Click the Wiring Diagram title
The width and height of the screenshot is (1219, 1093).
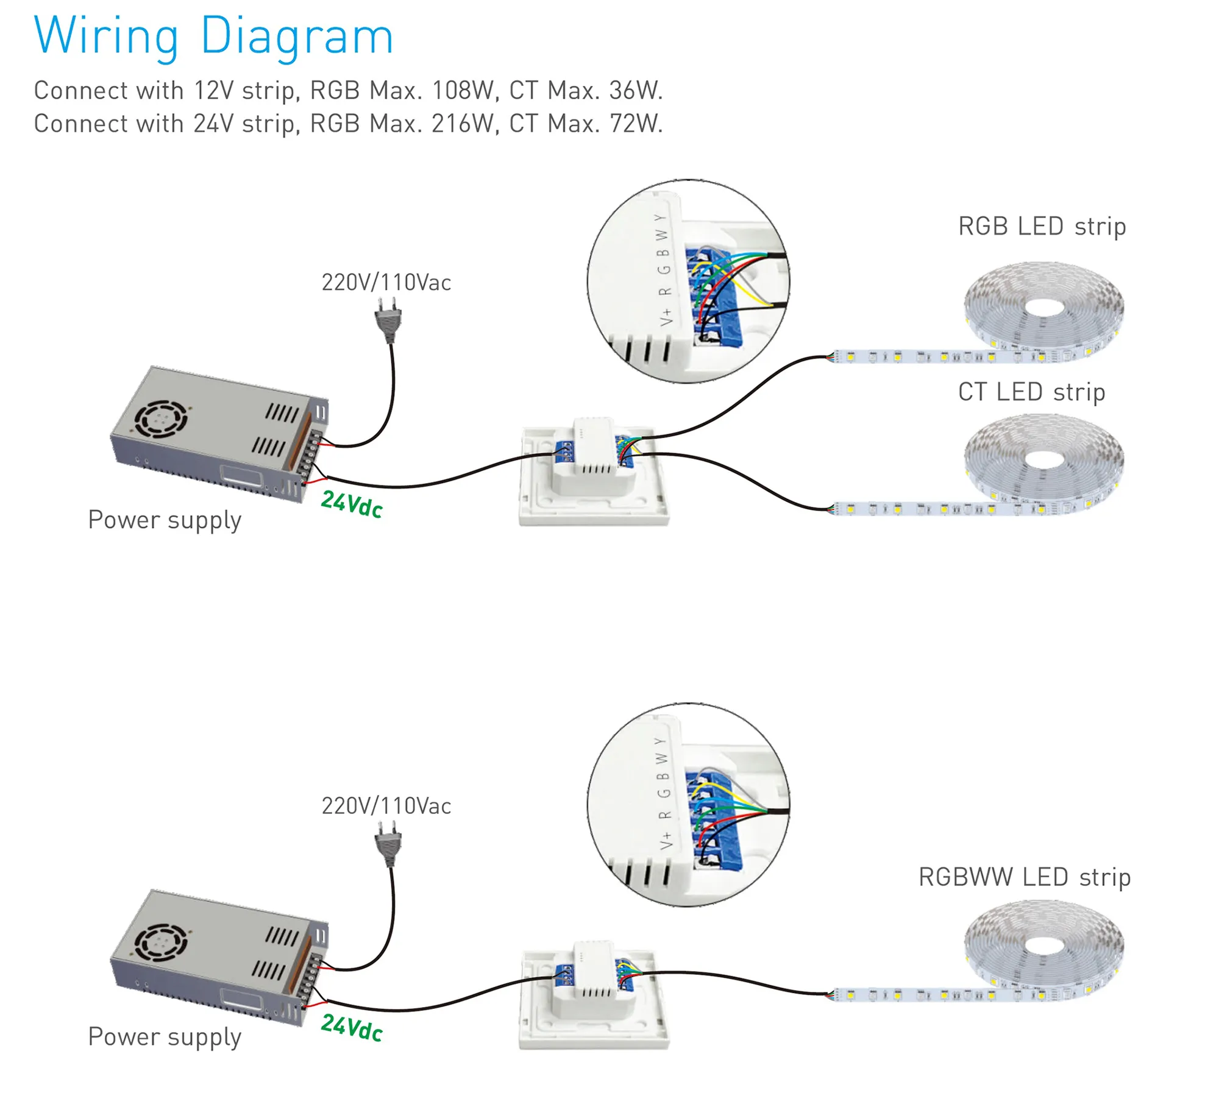pos(213,37)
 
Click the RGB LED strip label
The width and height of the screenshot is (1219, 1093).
pos(1042,226)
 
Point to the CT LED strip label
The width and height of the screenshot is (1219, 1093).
pos(1031,392)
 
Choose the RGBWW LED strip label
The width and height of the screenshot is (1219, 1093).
pos(1024,877)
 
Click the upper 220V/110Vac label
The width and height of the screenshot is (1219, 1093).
pos(386,283)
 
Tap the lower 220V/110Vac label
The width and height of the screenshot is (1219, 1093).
pos(386,806)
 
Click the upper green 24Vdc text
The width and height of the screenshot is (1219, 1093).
pos(352,504)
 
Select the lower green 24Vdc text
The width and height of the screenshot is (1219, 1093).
pos(352,1028)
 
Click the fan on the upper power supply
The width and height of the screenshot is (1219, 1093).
pos(160,419)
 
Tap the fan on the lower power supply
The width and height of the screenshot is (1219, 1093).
pos(160,942)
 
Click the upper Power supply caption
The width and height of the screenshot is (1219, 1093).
pos(165,520)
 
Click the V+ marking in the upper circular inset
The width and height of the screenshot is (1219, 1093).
pos(666,317)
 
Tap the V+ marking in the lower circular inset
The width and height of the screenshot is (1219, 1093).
pos(666,841)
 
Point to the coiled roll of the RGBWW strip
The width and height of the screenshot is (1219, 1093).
pos(1043,944)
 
